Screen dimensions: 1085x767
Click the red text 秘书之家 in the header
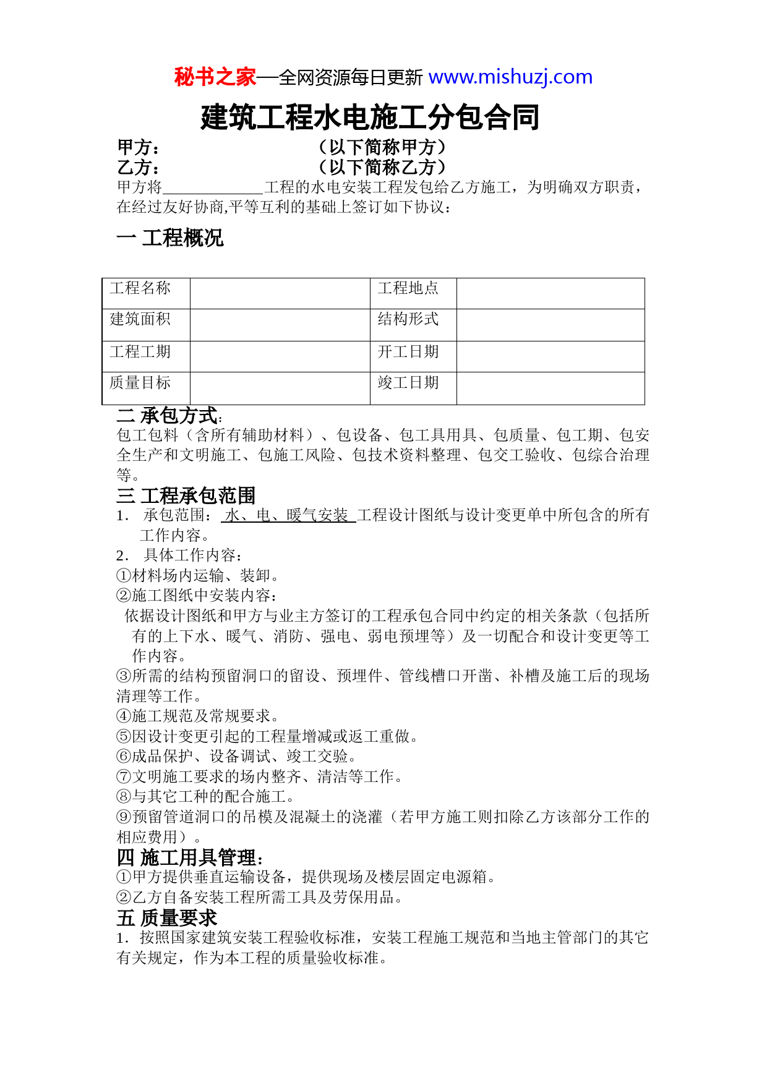coord(215,77)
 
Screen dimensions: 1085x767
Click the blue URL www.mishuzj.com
coord(510,77)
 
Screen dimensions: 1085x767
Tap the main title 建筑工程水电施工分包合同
coord(370,118)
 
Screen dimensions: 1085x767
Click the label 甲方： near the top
coord(139,148)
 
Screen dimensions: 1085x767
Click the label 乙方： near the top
coord(139,168)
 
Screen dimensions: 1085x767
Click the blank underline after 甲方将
coord(213,187)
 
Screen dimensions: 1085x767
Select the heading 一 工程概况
coord(170,238)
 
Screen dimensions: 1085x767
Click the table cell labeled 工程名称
coord(140,288)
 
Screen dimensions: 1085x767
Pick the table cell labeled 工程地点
coord(408,288)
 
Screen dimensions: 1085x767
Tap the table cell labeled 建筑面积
coord(140,319)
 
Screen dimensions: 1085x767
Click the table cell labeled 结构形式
coord(408,319)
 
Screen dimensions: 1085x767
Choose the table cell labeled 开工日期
coord(408,352)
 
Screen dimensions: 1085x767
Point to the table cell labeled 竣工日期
coord(408,383)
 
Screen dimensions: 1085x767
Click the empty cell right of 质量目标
coord(280,388)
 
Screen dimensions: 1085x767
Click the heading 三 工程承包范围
coord(186,495)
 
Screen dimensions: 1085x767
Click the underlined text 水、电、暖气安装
coord(288,515)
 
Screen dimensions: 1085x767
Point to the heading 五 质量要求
coord(167,917)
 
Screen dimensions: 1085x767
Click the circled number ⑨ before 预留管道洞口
coord(124,817)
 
